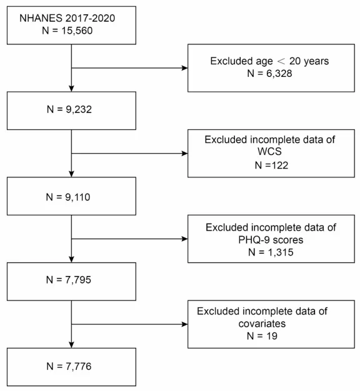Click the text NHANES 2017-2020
(67, 18)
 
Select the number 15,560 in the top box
(77, 31)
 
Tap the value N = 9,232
(69, 109)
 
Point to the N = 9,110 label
(68, 197)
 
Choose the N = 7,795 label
(69, 280)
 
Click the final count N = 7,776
(69, 366)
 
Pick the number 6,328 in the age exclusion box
(279, 74)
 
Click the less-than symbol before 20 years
(281, 61)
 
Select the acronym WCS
(269, 151)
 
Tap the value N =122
(271, 166)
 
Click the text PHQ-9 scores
(271, 240)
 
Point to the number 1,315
(281, 252)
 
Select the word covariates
(262, 324)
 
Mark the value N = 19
(262, 336)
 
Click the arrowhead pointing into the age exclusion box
(184, 68)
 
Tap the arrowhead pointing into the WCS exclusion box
(184, 154)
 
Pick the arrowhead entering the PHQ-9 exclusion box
(184, 239)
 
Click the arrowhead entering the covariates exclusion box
(184, 324)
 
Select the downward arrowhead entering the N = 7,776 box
(71, 345)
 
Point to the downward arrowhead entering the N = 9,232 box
(71, 89)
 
